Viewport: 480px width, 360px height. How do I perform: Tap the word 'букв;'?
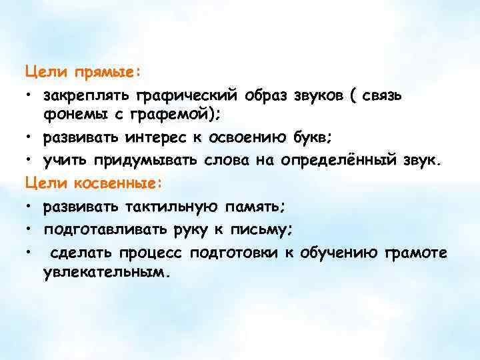pyautogui.click(x=331, y=139)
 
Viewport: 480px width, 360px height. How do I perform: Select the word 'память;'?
pyautogui.click(x=257, y=207)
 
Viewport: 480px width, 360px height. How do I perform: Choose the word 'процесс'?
pyautogui.click(x=153, y=253)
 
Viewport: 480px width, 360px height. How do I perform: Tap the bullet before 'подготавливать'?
pyautogui.click(x=31, y=230)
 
